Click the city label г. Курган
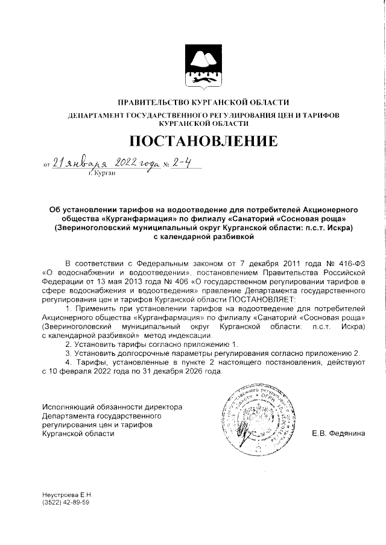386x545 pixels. tap(101, 173)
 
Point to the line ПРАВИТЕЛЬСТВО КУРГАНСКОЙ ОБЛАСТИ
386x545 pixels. tap(203, 102)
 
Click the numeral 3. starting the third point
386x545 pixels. tap(68, 352)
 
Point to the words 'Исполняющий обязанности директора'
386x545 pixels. tap(112, 407)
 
